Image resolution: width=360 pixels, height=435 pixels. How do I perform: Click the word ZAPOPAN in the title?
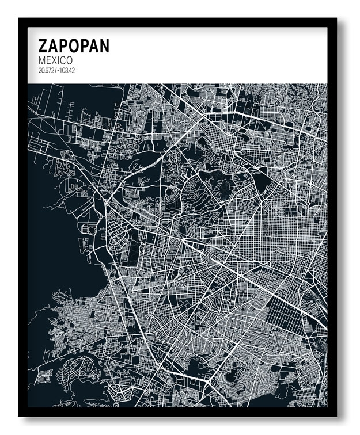coord(73,46)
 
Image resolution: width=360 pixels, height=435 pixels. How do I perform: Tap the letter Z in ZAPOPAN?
coord(43,46)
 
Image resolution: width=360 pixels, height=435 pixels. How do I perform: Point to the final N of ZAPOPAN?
coord(104,46)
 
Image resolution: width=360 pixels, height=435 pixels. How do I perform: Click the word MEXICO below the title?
coord(55,60)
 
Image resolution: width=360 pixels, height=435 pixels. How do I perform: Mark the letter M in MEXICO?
coord(42,60)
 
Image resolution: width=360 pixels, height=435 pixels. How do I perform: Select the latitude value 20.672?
coord(46,71)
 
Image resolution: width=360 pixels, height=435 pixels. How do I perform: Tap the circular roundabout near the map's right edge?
coord(310,185)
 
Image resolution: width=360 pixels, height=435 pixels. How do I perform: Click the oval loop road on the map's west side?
coord(90,229)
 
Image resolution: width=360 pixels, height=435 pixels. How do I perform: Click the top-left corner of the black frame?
coord(20,20)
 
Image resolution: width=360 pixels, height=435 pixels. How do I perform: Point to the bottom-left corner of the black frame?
coord(20,415)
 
